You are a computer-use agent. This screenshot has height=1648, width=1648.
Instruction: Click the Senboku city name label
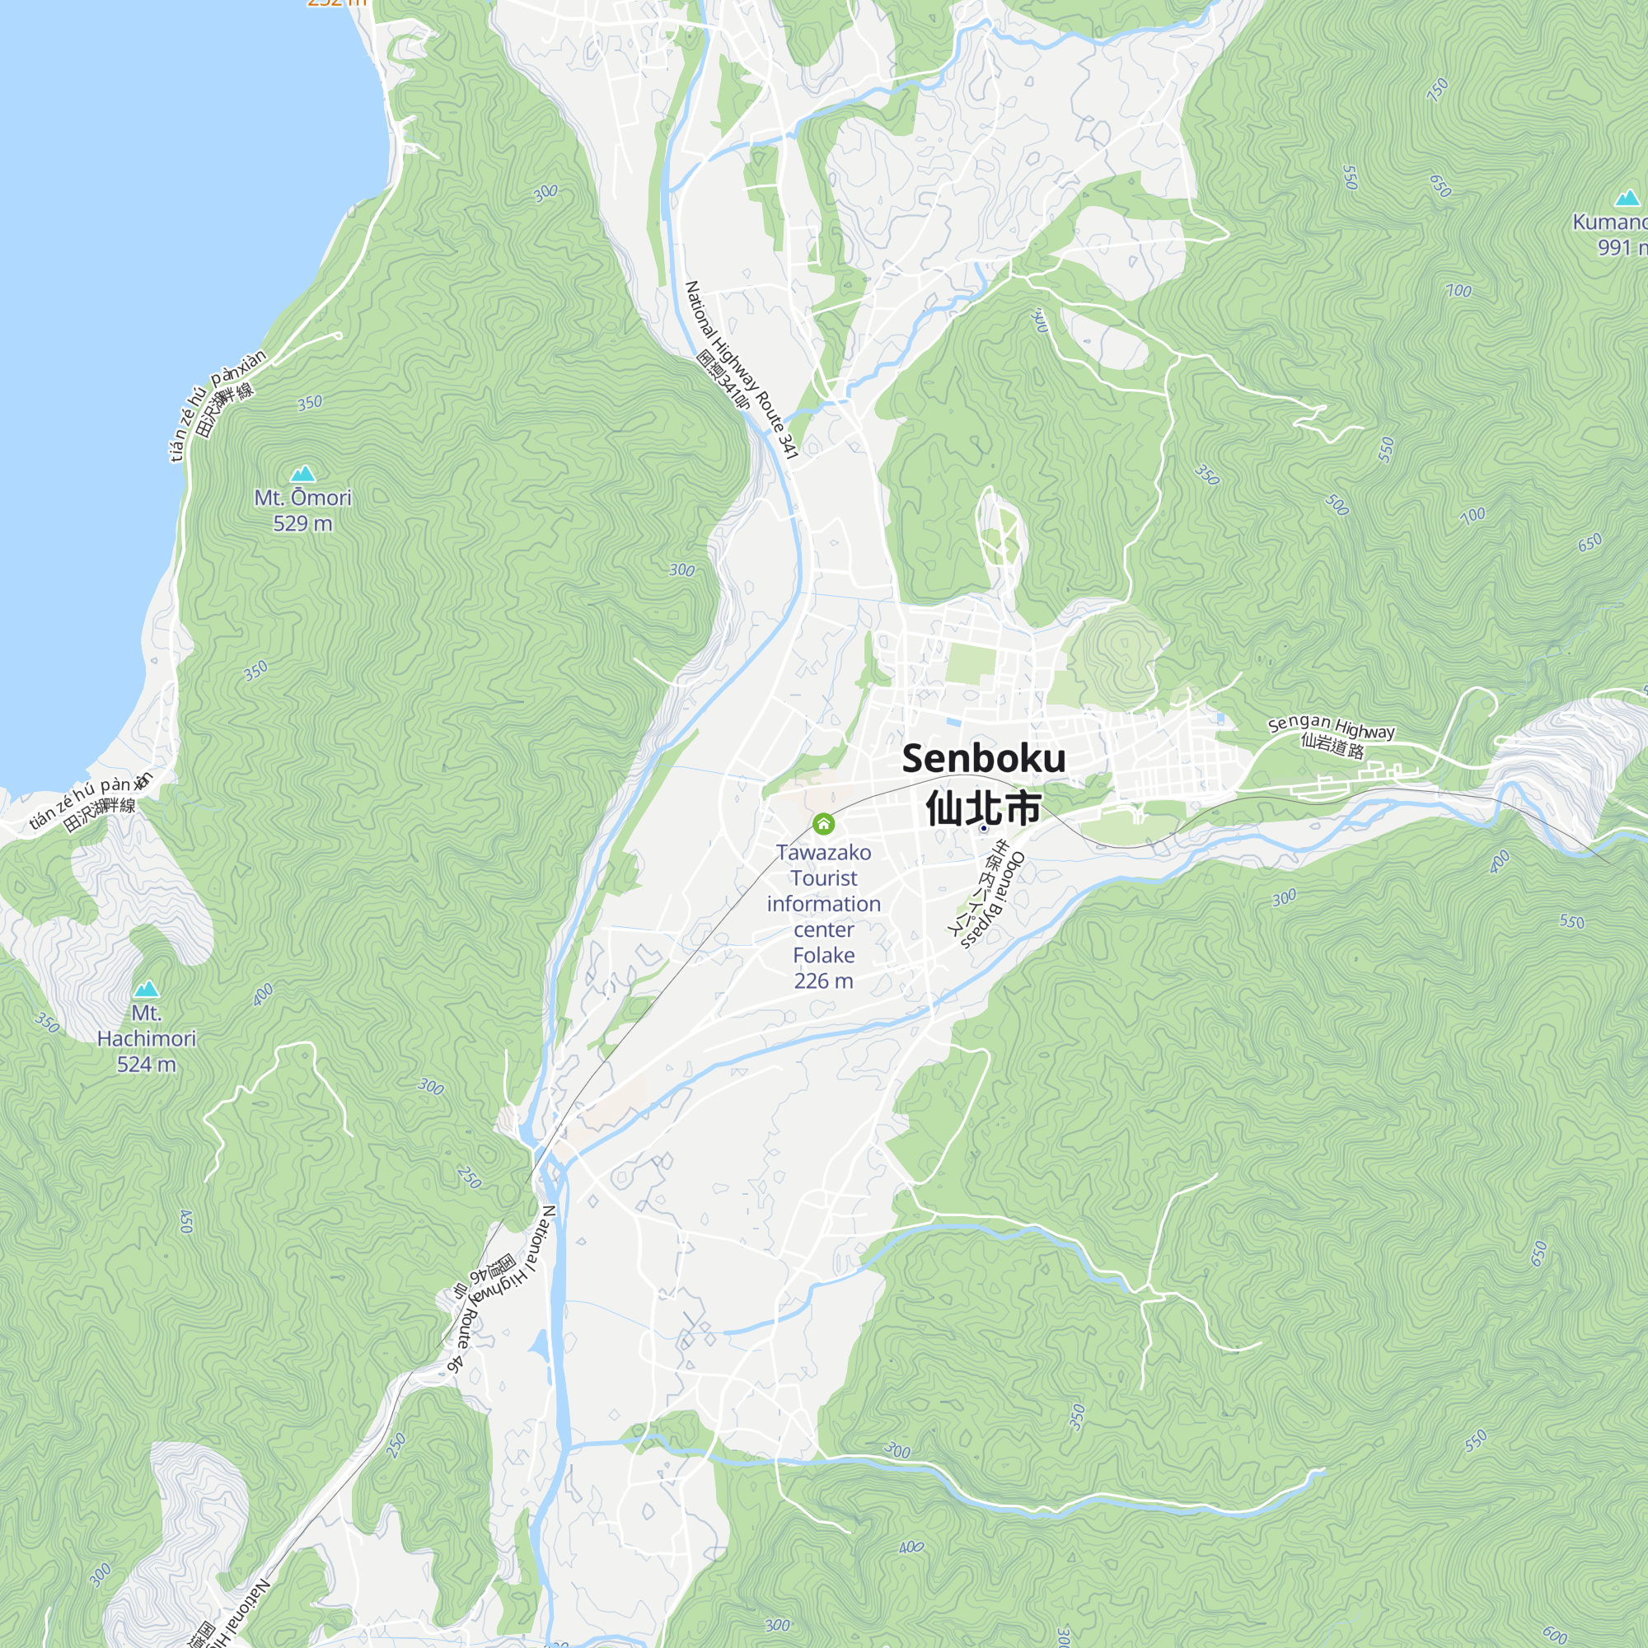(984, 758)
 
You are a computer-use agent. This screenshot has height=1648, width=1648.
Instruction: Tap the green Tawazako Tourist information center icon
(823, 824)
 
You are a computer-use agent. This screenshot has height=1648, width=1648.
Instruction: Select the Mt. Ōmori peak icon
(302, 474)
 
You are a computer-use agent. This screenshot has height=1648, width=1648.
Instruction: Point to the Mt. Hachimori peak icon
(147, 989)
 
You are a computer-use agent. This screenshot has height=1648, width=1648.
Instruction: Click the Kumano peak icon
(1627, 199)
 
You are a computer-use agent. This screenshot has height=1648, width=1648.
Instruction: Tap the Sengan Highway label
(1331, 727)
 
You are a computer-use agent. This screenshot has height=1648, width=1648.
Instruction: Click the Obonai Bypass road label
(995, 902)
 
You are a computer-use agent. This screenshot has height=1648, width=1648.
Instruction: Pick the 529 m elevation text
(302, 524)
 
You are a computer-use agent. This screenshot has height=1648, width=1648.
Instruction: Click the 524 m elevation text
(147, 1065)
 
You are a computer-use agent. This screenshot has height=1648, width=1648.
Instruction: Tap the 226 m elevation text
(823, 981)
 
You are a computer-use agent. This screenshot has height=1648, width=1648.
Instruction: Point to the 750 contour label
(1438, 89)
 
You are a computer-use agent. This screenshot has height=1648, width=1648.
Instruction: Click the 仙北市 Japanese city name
(984, 808)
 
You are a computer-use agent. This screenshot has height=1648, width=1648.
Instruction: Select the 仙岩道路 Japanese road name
(1332, 747)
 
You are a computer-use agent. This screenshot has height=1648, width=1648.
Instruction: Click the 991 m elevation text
(1621, 247)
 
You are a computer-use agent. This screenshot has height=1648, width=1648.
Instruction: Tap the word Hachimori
(147, 1039)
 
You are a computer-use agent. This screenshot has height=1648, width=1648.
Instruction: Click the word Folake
(823, 955)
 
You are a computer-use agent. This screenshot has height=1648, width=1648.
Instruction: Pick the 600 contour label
(1555, 1634)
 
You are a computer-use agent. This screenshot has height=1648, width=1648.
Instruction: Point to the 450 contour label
(187, 1221)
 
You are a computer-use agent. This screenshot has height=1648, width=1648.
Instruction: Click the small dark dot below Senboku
(984, 828)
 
